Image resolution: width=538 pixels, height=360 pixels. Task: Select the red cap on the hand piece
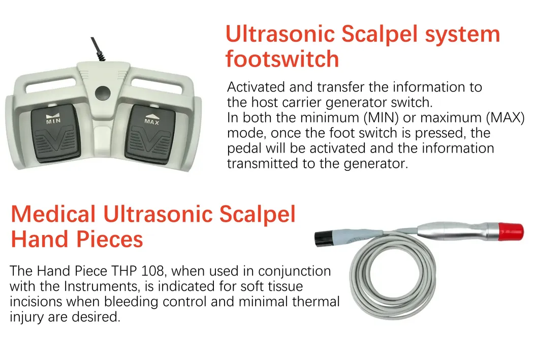(x=511, y=232)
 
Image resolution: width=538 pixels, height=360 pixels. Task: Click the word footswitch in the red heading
(x=282, y=58)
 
